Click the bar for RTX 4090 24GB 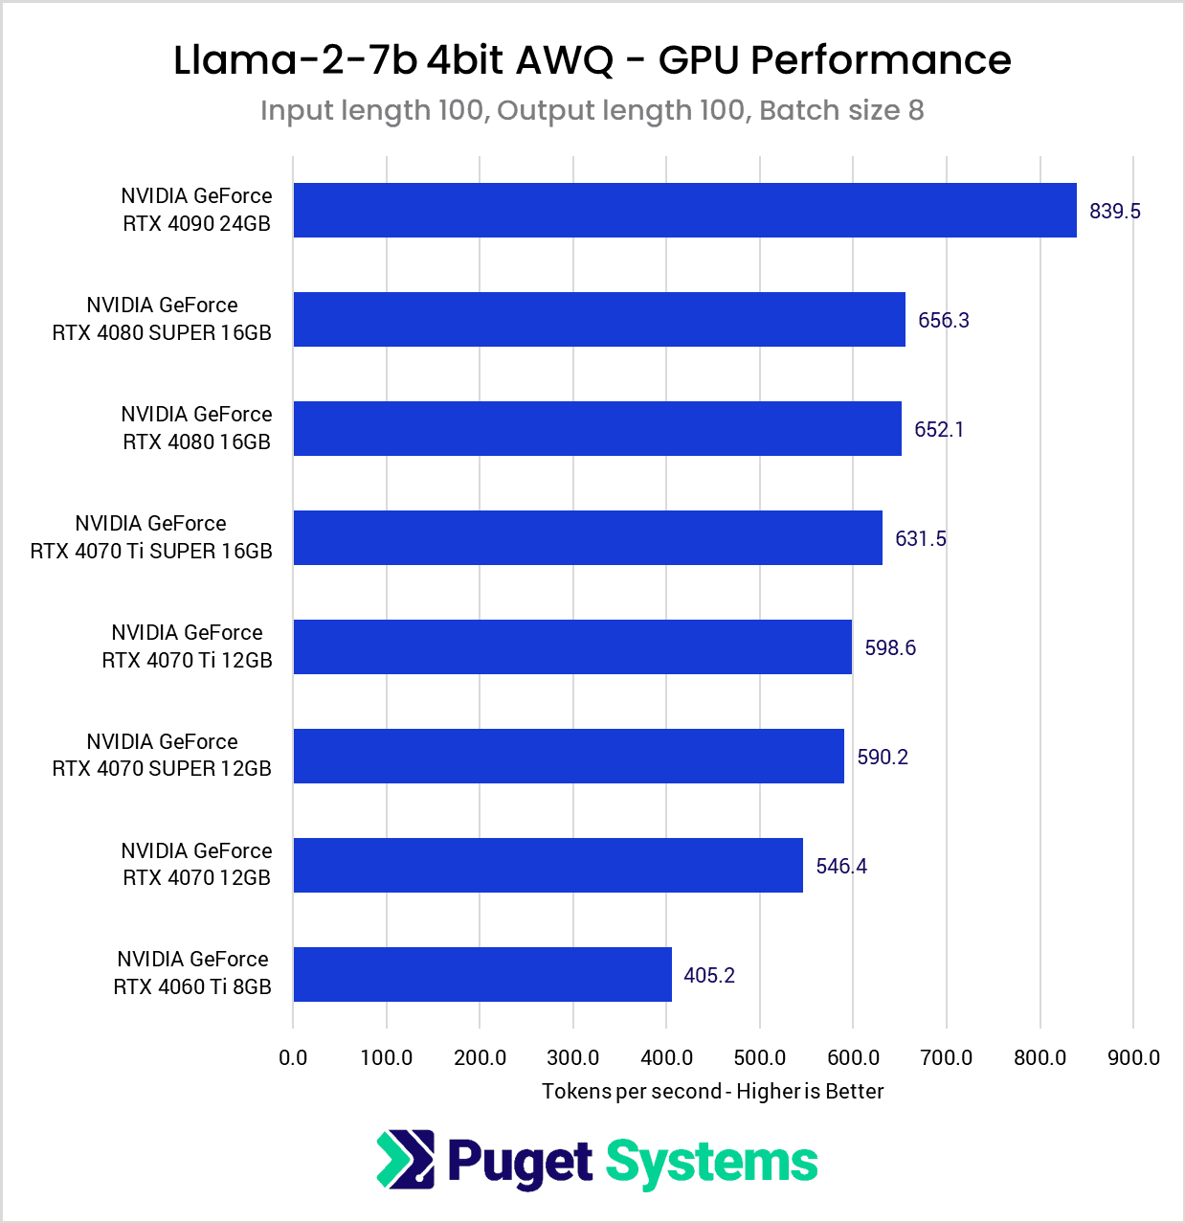(x=684, y=211)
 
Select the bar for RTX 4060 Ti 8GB (x=482, y=975)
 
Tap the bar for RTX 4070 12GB (x=548, y=866)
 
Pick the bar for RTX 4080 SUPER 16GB (x=599, y=320)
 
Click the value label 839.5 (x=1114, y=211)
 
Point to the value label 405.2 (x=709, y=975)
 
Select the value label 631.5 (x=920, y=538)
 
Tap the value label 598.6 (x=890, y=647)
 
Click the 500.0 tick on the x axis (x=760, y=1057)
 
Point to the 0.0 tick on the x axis (x=293, y=1057)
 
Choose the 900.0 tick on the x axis (x=1133, y=1057)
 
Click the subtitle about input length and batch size (x=592, y=111)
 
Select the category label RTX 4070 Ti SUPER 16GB (x=151, y=537)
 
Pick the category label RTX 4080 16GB (x=196, y=428)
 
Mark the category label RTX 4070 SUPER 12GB (x=162, y=755)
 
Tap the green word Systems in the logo (x=711, y=1163)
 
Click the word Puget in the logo (x=520, y=1163)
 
